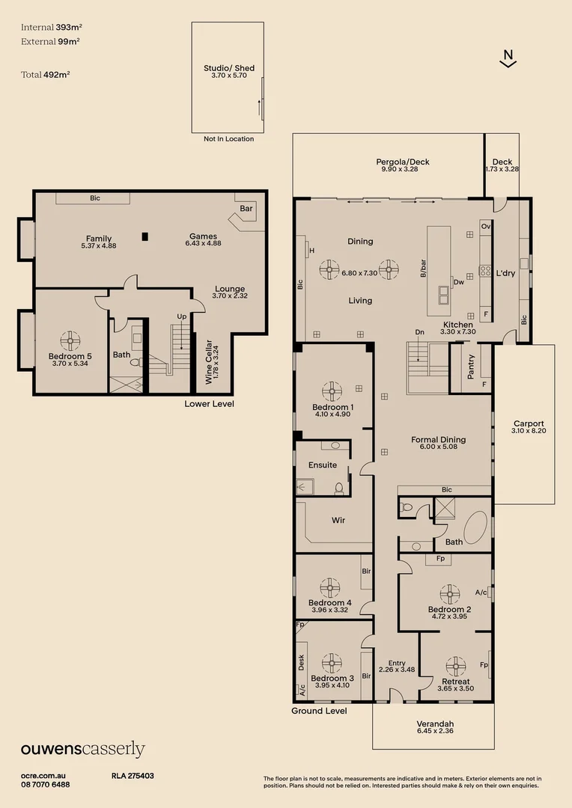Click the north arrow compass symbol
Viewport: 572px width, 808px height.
(x=508, y=58)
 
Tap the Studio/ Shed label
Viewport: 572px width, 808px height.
(x=229, y=68)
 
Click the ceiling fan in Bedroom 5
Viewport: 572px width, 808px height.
(x=70, y=340)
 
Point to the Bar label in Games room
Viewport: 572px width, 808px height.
(x=246, y=209)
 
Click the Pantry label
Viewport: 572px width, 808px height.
(x=471, y=367)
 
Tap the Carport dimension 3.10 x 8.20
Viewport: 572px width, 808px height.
(x=529, y=431)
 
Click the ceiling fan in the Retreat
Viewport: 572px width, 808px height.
(x=455, y=666)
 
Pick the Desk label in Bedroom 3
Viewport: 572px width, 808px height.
(x=302, y=662)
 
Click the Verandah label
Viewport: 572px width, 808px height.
(x=435, y=724)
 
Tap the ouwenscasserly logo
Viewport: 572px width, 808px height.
(x=82, y=750)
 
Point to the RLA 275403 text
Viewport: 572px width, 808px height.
(x=133, y=777)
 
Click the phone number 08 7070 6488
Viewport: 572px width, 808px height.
(x=45, y=785)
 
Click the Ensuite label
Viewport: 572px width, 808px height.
(x=323, y=465)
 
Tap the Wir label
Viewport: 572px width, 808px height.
(x=338, y=520)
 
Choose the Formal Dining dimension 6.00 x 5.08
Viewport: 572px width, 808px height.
(x=439, y=447)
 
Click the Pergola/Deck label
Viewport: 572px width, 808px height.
(x=403, y=162)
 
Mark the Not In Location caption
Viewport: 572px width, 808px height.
(x=228, y=139)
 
